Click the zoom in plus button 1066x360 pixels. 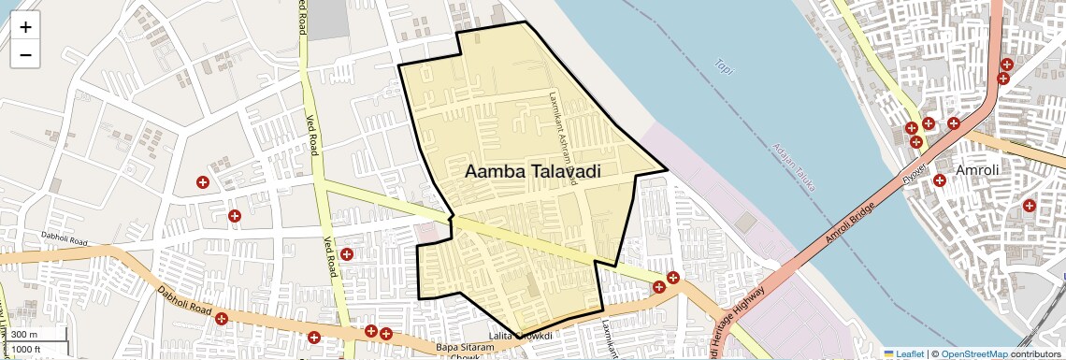[25, 27]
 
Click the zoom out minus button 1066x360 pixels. [25, 54]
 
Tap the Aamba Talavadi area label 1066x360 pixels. [532, 172]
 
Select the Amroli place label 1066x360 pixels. [977, 171]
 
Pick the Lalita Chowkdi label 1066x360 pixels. [521, 336]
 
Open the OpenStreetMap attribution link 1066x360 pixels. [973, 353]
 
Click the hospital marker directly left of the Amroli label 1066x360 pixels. [939, 180]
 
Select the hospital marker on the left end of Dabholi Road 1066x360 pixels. [222, 319]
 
